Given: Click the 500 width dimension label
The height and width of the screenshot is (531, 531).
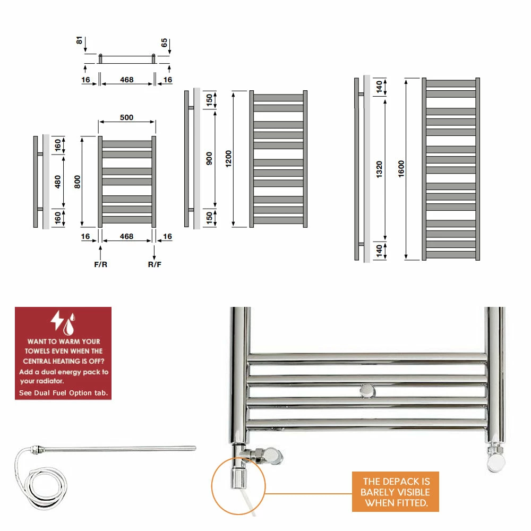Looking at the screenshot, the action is [x=126, y=117].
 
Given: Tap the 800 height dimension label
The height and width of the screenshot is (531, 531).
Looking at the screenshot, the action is [x=77, y=182].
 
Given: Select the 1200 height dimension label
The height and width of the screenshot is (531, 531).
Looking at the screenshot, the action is [x=228, y=158].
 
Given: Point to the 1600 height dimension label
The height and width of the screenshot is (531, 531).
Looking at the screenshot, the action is [x=401, y=169].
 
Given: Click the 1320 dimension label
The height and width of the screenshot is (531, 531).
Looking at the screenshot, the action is [x=379, y=169].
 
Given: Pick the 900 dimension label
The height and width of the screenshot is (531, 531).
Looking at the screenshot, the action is [x=209, y=158].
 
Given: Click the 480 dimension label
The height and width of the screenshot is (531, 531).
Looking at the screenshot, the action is [x=58, y=182].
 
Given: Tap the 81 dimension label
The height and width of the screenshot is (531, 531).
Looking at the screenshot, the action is [x=79, y=40].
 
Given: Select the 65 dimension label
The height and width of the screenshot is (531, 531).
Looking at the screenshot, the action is [x=164, y=42].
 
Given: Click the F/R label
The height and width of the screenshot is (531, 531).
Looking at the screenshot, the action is [x=100, y=264].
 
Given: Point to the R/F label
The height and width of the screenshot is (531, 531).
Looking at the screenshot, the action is [x=155, y=264].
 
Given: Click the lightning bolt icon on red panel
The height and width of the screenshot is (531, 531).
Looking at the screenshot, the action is [x=57, y=320].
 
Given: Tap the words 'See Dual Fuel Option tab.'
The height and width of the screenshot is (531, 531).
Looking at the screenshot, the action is [x=63, y=393].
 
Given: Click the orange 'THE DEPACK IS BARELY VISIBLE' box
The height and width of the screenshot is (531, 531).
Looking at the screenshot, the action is [x=396, y=492].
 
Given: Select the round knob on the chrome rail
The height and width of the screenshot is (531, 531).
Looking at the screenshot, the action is [x=367, y=391].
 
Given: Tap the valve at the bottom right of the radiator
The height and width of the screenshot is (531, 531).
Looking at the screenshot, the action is [x=496, y=457].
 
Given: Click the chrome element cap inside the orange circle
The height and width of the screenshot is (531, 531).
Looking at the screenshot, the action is [x=238, y=477].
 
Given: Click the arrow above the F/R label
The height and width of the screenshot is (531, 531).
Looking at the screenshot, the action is [x=100, y=253].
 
